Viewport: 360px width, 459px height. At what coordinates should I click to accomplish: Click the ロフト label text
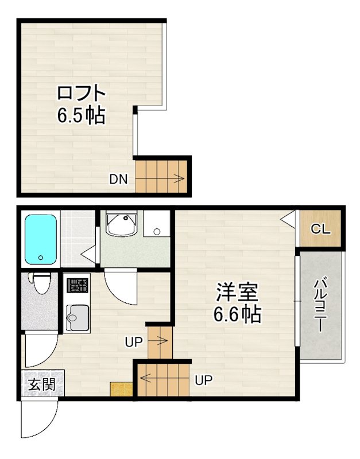coord(82,94)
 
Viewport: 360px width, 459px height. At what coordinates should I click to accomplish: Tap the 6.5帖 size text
coord(80,116)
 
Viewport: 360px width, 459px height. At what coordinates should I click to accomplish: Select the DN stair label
coord(118,178)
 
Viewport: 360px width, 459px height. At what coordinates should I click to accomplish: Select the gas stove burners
coord(77,285)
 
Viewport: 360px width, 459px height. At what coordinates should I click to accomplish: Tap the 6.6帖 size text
coord(237,314)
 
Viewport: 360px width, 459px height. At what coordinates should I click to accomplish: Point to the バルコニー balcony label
coord(320,305)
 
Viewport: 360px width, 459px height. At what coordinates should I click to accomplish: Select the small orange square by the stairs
coord(121,388)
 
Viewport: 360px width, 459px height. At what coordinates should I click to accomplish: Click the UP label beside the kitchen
coord(133,343)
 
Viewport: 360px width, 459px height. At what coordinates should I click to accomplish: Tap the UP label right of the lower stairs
coord(203,380)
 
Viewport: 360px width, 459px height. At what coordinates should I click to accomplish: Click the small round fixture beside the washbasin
coord(156,232)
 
